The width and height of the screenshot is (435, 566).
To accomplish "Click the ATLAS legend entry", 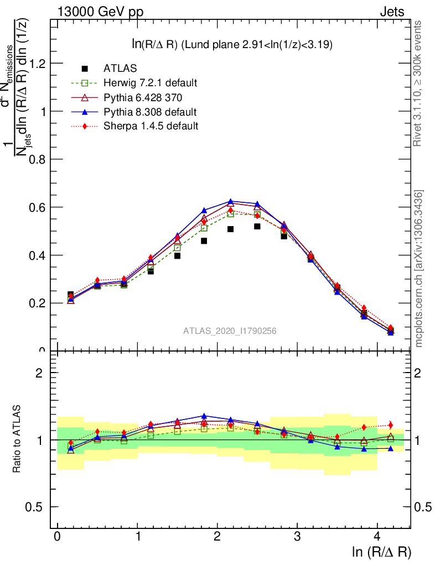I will (119, 69).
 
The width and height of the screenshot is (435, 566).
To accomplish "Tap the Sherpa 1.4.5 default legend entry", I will (151, 126).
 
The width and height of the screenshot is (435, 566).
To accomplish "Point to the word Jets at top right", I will (391, 12).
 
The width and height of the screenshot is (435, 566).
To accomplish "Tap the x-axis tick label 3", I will (297, 537).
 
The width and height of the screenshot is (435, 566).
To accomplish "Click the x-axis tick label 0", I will (58, 537).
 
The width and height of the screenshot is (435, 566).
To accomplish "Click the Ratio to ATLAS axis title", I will (17, 439).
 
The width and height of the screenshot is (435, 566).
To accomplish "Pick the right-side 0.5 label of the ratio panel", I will (423, 507).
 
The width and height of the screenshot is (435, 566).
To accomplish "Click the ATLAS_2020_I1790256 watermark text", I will (230, 331).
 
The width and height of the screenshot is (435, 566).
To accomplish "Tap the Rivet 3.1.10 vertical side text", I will (418, 83).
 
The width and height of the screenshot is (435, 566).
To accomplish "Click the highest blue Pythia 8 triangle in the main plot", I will (231, 201).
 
